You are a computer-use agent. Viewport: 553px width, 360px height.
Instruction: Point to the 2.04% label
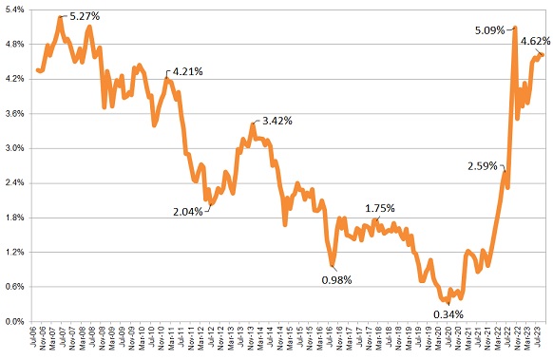coord(187,212)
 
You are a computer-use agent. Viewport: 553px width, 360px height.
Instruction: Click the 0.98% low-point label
coord(336,279)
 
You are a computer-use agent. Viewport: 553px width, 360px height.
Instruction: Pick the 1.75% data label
coord(380,208)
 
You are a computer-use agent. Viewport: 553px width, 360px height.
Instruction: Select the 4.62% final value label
coord(532,41)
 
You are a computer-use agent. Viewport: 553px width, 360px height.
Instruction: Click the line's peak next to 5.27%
coord(60,18)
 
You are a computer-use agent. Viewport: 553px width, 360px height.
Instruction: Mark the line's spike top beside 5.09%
coord(514,28)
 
